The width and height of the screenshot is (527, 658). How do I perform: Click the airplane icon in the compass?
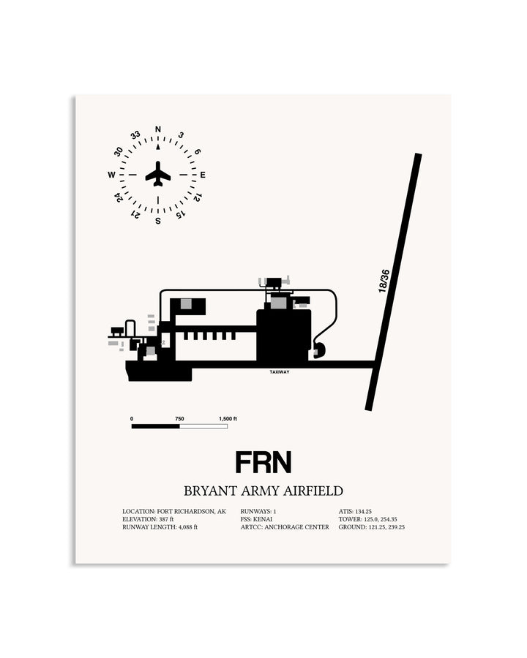158,174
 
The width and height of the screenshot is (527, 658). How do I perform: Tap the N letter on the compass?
158,129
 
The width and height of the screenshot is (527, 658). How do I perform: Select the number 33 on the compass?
135,135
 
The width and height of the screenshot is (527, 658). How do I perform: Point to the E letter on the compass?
203,175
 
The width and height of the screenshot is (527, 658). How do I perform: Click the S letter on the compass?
158,221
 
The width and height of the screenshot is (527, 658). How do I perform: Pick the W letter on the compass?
111,175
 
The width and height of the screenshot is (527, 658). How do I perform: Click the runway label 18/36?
384,281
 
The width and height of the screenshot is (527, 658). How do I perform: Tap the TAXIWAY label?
280,372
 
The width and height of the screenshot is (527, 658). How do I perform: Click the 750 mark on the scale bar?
179,419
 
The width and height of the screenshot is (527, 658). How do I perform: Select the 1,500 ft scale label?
228,419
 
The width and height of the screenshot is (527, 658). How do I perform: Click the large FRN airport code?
263,463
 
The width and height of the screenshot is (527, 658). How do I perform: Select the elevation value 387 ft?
166,520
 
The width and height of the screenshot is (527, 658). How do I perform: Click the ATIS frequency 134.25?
364,512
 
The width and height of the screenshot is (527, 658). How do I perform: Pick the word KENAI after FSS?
263,520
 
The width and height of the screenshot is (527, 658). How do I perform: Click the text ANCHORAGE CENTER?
296,527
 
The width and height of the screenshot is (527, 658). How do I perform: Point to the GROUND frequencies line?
372,527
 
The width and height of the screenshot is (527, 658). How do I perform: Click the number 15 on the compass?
180,215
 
